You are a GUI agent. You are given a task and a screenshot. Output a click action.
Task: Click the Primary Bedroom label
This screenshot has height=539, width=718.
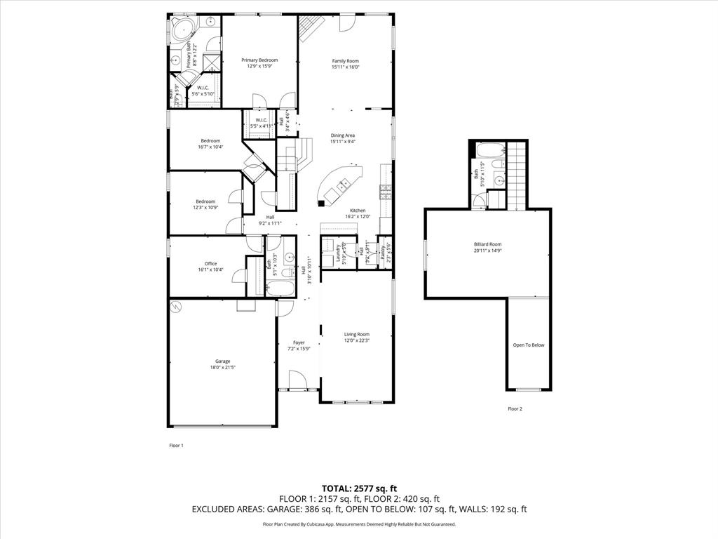tap(259, 60)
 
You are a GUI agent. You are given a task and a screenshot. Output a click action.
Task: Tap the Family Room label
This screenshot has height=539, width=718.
tap(345, 61)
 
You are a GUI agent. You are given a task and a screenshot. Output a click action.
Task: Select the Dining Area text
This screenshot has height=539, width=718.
tap(343, 135)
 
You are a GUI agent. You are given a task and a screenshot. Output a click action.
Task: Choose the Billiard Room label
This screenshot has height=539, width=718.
tap(487, 244)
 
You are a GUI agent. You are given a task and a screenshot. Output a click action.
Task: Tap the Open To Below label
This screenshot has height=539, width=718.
tap(528, 345)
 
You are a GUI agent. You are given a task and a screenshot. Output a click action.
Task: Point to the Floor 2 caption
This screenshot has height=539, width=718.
tap(515, 408)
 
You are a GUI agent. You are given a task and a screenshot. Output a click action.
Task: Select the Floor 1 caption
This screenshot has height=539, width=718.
tap(176, 446)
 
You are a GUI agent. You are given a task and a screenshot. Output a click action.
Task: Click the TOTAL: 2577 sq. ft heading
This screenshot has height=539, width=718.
tap(359, 488)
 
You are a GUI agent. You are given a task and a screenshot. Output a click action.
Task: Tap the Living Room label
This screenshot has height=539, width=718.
tap(356, 335)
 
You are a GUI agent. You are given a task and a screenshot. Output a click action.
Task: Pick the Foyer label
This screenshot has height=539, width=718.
tap(299, 342)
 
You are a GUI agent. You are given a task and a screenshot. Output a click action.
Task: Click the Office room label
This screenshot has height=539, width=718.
tap(210, 264)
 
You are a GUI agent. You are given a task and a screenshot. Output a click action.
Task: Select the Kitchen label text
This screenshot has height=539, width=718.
tap(358, 211)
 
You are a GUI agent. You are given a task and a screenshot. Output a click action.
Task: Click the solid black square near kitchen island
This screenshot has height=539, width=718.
tap(320, 204)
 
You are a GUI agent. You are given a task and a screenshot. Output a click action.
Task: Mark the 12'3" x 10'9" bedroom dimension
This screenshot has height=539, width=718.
tap(206, 207)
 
